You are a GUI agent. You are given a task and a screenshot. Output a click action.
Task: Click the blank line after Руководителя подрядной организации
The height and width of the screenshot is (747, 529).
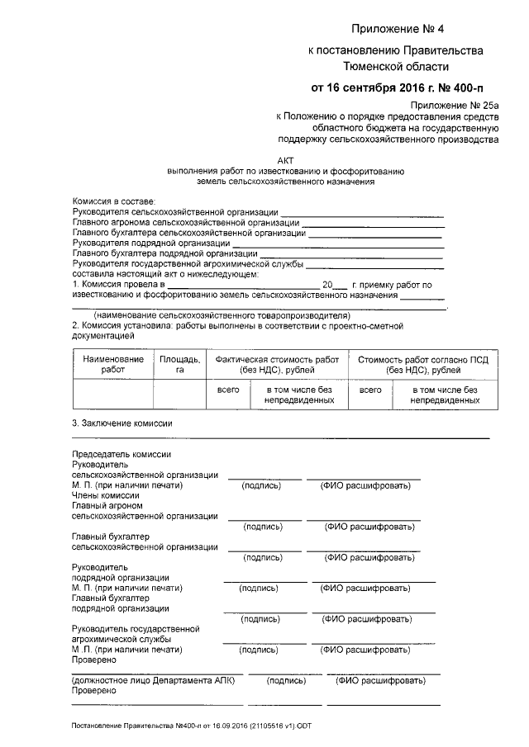coord(339,243)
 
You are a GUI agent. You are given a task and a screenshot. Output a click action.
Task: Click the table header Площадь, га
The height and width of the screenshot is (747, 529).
coord(179,365)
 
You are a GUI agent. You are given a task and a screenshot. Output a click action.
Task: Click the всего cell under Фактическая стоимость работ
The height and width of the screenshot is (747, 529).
coord(228,389)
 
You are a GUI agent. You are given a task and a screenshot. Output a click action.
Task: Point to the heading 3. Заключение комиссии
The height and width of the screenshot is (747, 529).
coord(123,423)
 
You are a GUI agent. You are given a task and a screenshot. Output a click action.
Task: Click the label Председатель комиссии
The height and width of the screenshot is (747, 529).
coord(122,455)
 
